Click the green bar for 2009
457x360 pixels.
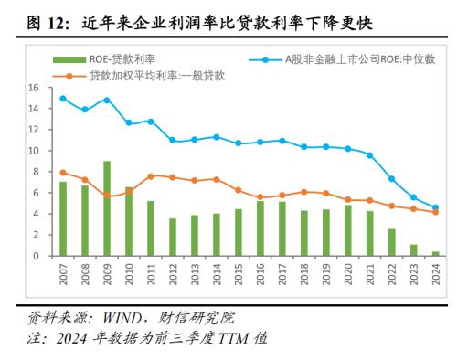point(107,208)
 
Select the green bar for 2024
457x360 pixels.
point(435,253)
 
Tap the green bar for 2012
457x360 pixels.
point(173,237)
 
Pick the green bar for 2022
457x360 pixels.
point(391,242)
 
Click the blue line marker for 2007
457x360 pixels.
point(63,99)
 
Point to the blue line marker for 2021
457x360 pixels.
point(369,155)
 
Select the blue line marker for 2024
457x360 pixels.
point(435,207)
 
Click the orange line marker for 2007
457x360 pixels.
point(63,173)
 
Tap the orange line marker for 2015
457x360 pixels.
point(239,190)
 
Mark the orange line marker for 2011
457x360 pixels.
point(151,176)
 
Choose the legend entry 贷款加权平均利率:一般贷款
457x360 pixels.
point(146,76)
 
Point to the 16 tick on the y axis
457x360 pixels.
point(34,88)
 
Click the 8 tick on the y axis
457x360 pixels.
point(37,172)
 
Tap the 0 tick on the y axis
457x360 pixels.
point(37,256)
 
